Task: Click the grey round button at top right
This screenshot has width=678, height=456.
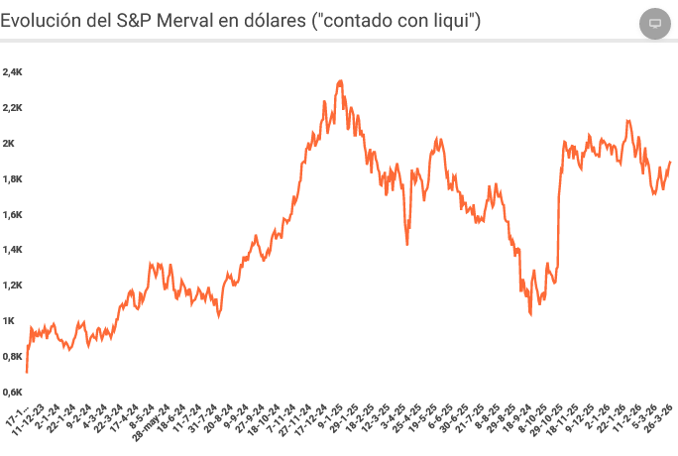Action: [x=654, y=23]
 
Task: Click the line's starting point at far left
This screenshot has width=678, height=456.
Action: [x=27, y=372]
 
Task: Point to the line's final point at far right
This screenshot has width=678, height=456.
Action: [x=670, y=162]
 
